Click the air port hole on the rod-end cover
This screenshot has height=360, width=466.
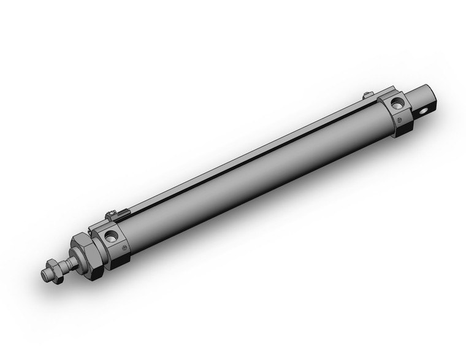pyautogui.click(x=111, y=236)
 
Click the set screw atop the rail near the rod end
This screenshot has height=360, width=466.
pyautogui.click(x=111, y=215)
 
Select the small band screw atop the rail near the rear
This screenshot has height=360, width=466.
pyautogui.click(x=367, y=94)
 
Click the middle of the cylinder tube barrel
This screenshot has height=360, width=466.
pyautogui.click(x=258, y=178)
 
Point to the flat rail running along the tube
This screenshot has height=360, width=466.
pyautogui.click(x=245, y=153)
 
